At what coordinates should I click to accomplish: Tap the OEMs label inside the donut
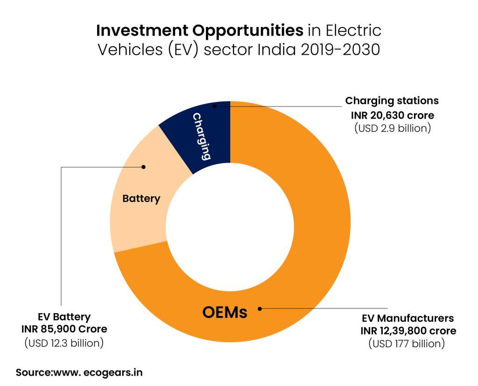click(x=225, y=312)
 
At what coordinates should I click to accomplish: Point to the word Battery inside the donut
click(x=141, y=199)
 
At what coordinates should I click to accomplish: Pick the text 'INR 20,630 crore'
click(x=392, y=114)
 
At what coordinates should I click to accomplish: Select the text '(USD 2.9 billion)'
click(x=392, y=128)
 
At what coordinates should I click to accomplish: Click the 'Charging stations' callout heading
click(x=392, y=100)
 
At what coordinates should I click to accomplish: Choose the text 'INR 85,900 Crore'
click(x=63, y=329)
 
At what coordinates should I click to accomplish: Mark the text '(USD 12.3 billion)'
click(x=63, y=343)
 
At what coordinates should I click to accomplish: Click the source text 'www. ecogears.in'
click(x=98, y=372)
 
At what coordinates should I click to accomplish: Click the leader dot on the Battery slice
click(x=144, y=167)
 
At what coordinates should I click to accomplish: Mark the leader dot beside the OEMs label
click(x=260, y=308)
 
